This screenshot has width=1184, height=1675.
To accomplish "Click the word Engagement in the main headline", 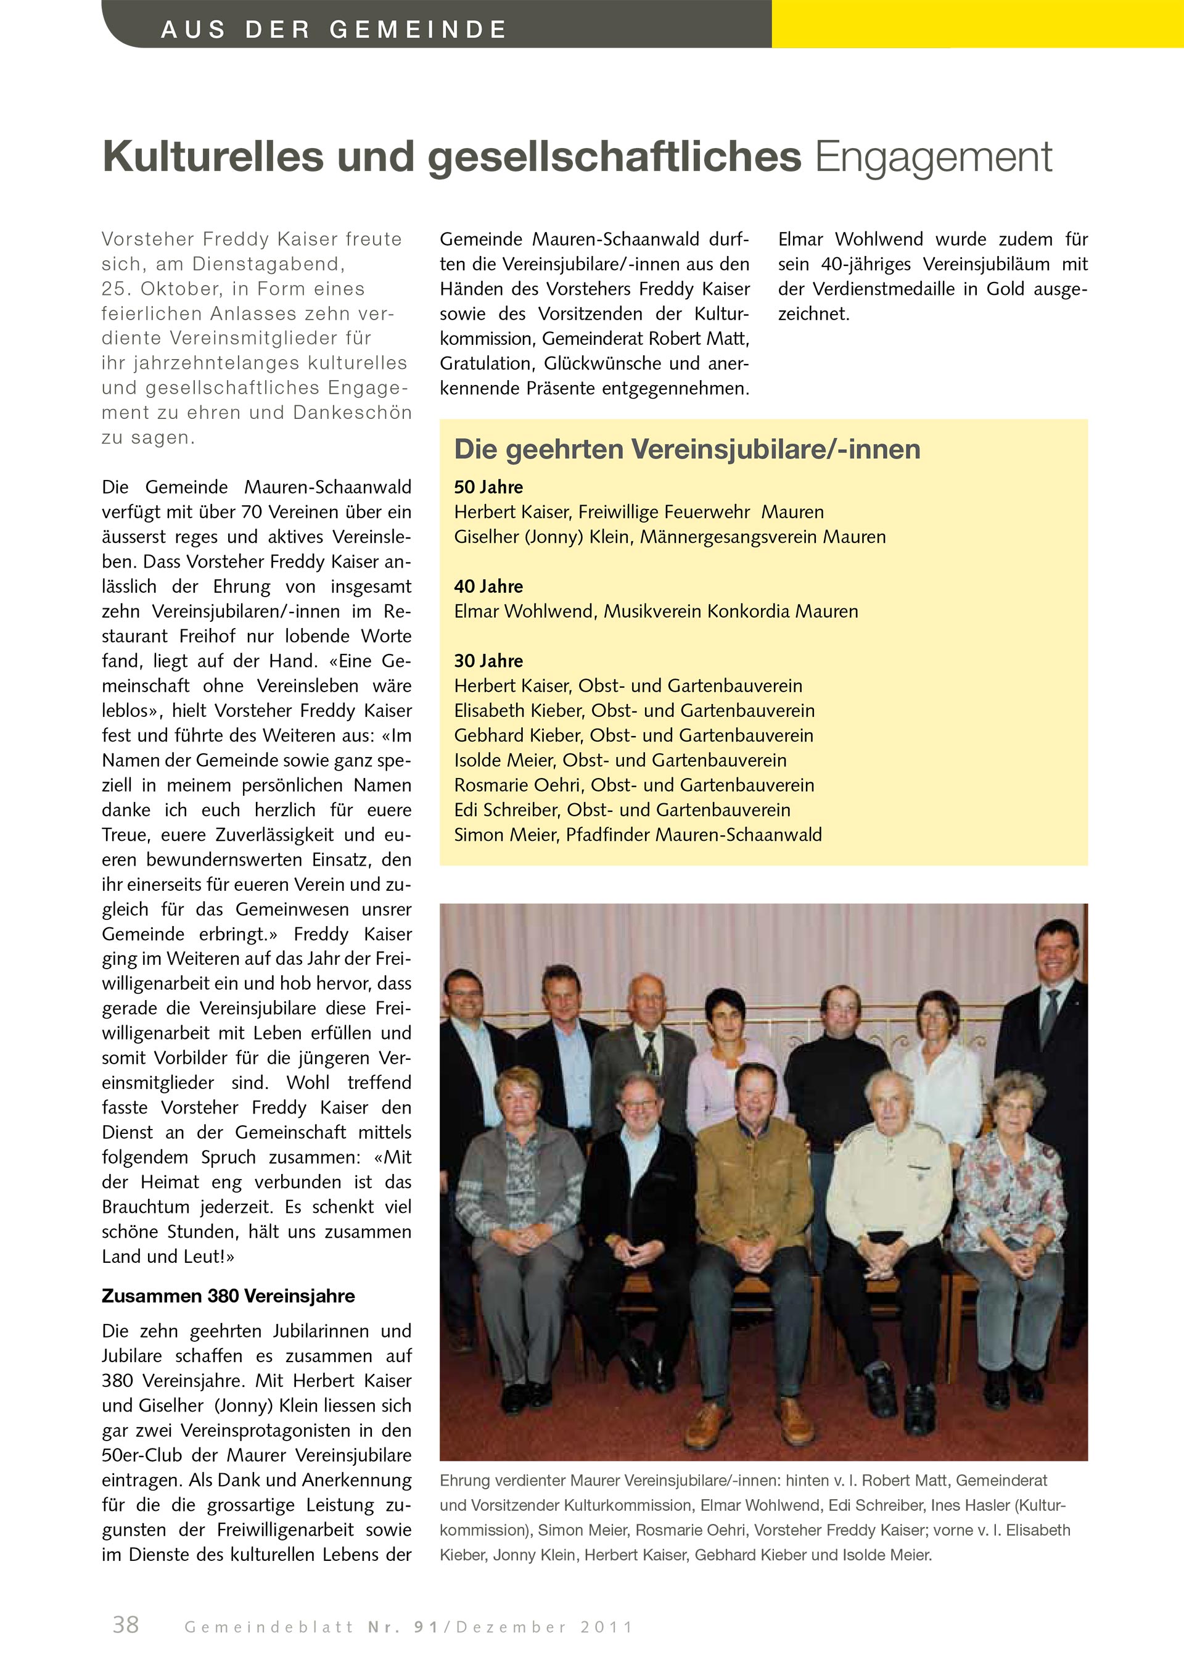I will (x=933, y=157).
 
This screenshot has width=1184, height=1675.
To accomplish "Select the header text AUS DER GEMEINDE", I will (x=333, y=29).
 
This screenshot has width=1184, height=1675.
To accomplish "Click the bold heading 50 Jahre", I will (x=488, y=487).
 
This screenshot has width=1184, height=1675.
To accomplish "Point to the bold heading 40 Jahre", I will (x=488, y=586).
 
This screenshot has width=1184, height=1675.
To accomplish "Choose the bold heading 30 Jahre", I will (x=488, y=660).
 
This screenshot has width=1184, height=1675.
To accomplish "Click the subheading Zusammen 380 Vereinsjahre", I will (x=228, y=1296).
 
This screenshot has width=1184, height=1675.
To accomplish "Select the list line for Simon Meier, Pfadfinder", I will (x=637, y=835).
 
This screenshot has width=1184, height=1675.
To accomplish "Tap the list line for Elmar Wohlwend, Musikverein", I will (x=656, y=611).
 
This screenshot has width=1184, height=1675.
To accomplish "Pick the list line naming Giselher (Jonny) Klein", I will (x=669, y=537).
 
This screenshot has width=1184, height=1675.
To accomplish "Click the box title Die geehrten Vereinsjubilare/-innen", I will (x=687, y=449).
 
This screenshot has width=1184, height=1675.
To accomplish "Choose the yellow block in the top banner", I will (x=977, y=23).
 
